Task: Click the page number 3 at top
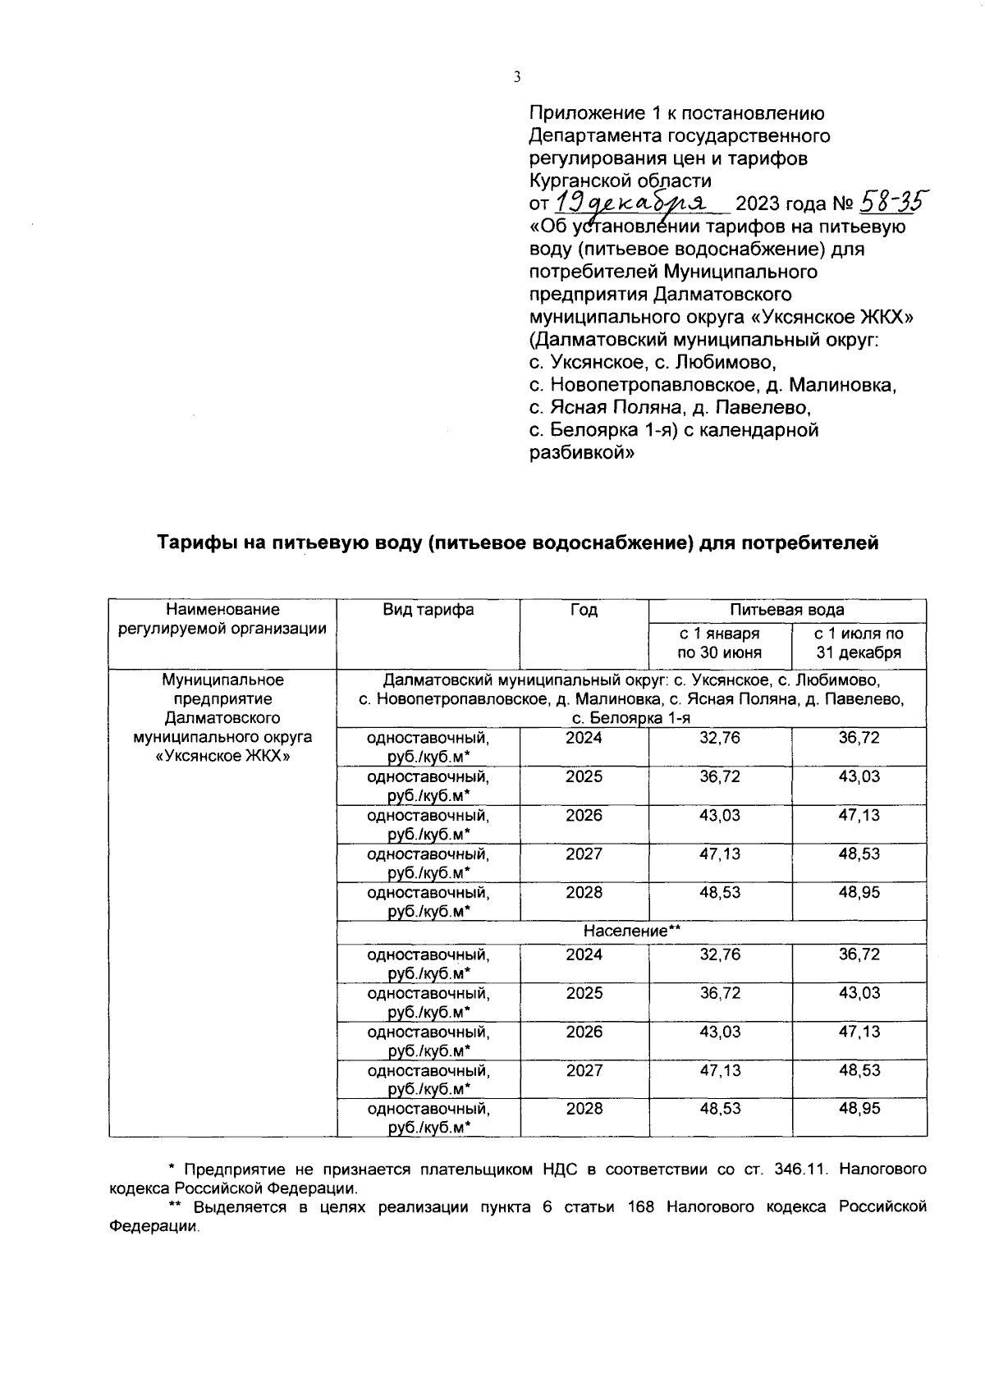516,78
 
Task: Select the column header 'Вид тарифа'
428,610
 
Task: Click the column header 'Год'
584,610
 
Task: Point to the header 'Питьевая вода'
786,610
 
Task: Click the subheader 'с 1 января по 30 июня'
719,643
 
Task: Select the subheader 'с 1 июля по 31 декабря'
859,643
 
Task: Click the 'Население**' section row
632,931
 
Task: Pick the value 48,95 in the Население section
859,1109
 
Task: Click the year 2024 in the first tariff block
584,738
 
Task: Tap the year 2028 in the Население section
584,1109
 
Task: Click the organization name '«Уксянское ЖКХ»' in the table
222,756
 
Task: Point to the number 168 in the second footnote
641,1207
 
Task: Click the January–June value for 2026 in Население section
719,1032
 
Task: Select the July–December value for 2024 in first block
859,738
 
